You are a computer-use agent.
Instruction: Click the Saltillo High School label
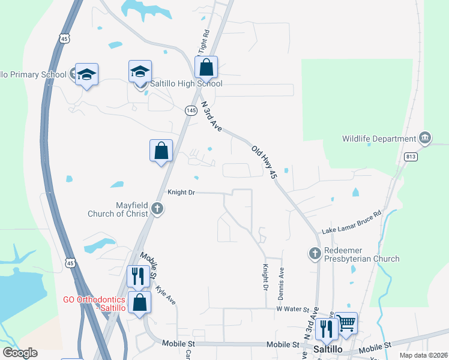(x=186, y=84)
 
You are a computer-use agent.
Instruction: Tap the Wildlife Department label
(x=379, y=139)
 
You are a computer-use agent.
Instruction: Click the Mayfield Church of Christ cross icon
(x=157, y=209)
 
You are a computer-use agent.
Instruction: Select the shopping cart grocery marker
(x=346, y=323)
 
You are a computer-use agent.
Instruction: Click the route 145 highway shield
(x=191, y=110)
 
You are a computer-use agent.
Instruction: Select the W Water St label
(x=292, y=309)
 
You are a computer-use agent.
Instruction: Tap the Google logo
(x=20, y=352)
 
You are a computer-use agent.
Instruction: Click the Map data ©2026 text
(x=424, y=355)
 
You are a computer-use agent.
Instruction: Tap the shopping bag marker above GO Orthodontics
(x=139, y=303)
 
